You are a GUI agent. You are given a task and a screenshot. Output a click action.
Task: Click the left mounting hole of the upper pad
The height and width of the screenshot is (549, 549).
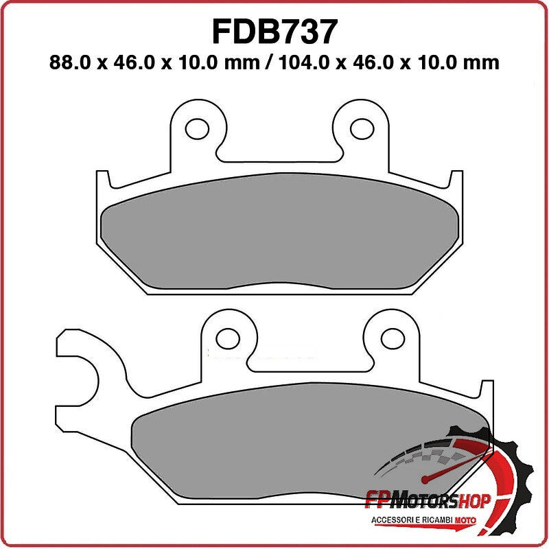pyautogui.click(x=198, y=128)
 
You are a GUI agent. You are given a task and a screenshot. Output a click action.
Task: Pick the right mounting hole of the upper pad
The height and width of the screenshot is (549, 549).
pyautogui.click(x=361, y=128)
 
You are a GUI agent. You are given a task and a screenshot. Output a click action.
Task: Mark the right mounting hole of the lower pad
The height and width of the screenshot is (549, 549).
pyautogui.click(x=392, y=338)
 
